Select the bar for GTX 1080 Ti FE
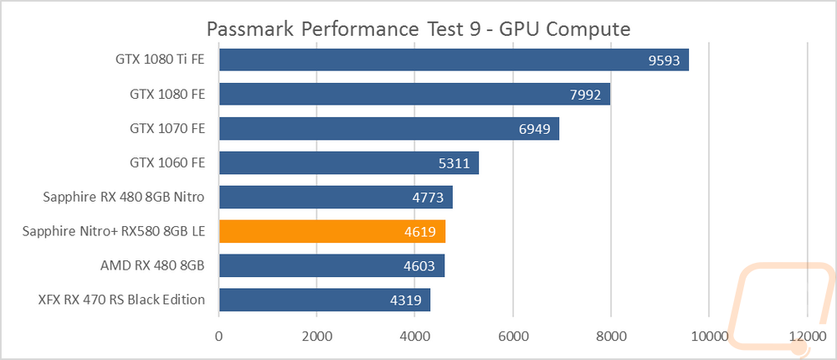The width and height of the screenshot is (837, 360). click(x=454, y=59)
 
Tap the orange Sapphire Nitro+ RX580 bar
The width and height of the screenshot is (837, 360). click(x=332, y=231)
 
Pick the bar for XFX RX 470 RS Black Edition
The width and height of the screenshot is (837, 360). click(x=325, y=300)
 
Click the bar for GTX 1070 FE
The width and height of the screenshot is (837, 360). click(x=388, y=128)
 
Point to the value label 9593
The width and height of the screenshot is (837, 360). click(x=664, y=60)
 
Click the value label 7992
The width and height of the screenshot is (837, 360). click(x=586, y=95)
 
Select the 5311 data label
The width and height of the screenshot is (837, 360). click(x=454, y=163)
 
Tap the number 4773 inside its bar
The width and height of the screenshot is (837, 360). click(x=428, y=197)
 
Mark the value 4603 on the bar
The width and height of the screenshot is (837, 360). click(x=419, y=265)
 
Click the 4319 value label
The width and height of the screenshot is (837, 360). click(x=405, y=300)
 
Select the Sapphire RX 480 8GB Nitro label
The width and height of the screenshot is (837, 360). click(x=124, y=197)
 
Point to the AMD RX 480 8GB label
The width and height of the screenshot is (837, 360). click(x=152, y=265)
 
